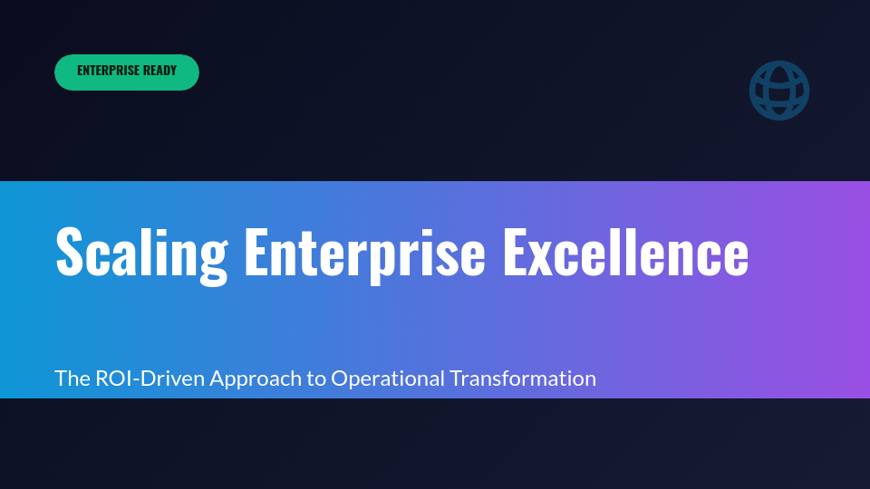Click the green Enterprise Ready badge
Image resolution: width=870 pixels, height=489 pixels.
(x=127, y=72)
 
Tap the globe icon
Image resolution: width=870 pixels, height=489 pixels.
(x=779, y=91)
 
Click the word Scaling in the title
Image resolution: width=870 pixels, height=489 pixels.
(x=140, y=252)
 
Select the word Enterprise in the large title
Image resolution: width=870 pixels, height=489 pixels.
(x=364, y=252)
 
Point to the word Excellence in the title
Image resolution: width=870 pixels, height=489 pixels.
(x=625, y=252)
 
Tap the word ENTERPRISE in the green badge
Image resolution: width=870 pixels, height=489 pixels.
(x=108, y=71)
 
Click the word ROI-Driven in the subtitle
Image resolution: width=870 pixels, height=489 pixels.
(x=150, y=379)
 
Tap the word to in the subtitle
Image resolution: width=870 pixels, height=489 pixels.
(x=316, y=379)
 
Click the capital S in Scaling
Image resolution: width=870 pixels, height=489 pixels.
(x=72, y=252)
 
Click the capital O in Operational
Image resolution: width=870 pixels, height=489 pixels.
(x=339, y=379)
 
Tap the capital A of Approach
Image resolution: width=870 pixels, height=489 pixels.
(x=217, y=379)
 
